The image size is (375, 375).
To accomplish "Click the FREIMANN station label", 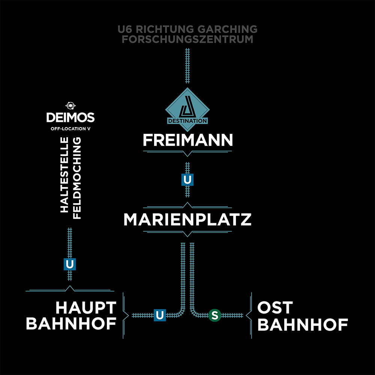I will coord(187,140).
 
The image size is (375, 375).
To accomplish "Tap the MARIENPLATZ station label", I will coord(187,220).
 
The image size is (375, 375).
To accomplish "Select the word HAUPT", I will coord(86,308).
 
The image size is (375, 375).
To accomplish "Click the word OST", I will coord(275,308).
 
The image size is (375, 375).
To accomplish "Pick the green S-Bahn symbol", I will coord(214,315).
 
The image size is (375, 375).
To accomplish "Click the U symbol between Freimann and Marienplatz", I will coord(187,180).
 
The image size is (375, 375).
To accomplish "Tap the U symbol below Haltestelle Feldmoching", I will coord(70,264).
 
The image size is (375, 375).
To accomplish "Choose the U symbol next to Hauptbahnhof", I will coord(159,315).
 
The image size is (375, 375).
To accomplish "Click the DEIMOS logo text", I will coord(70,118).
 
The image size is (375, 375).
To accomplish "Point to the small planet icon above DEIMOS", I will coord(70,106).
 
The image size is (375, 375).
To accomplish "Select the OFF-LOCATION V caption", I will coord(70,129).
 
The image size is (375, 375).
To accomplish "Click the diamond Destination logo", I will coord(187,107).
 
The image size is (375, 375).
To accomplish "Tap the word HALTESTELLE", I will coord(64,175).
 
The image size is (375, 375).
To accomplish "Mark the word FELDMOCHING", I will coord(77,178).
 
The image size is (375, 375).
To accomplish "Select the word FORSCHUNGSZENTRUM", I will coord(187,39).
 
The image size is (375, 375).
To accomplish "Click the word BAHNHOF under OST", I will coord(302,325).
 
